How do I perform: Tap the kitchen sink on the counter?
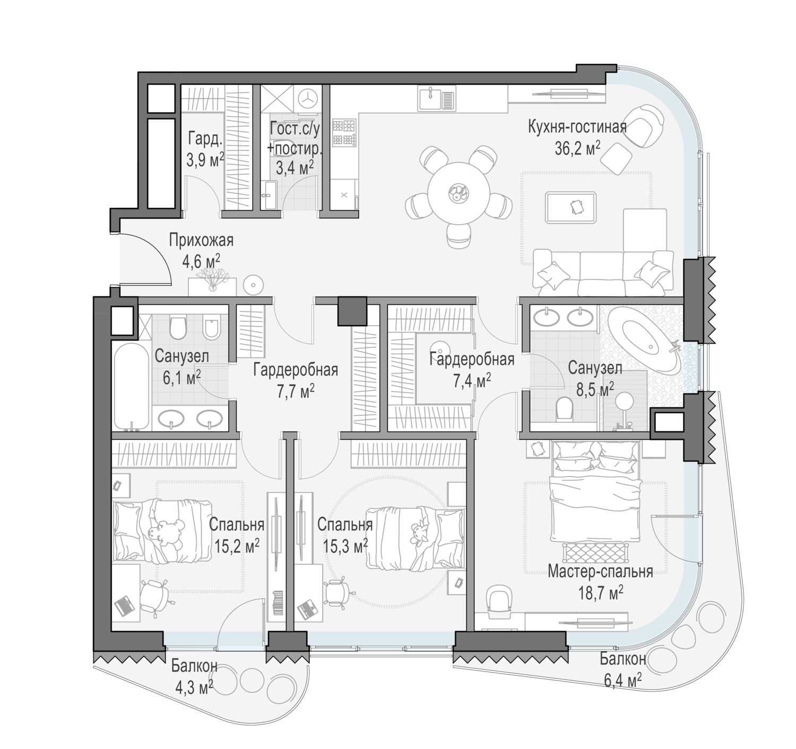(x=437, y=98)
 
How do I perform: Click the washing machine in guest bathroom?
(x=307, y=98)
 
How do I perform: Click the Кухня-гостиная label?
(x=577, y=127)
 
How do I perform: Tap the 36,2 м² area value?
(x=577, y=149)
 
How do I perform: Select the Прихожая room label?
(x=201, y=241)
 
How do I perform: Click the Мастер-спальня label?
(x=600, y=572)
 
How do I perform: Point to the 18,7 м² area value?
(x=600, y=592)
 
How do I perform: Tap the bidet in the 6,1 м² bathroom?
(x=211, y=327)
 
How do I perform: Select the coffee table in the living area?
(x=571, y=208)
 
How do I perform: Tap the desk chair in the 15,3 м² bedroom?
(x=336, y=593)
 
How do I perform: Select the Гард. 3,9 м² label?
(x=204, y=150)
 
